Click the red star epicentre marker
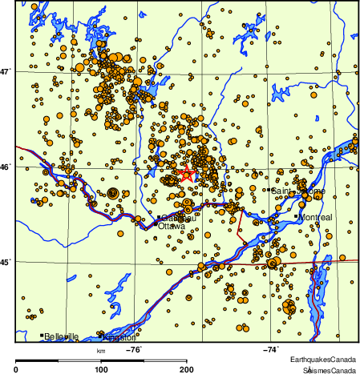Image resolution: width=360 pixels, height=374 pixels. point(187,174)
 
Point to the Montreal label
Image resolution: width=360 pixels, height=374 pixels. point(314,217)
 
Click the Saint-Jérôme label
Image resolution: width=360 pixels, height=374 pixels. point(295,191)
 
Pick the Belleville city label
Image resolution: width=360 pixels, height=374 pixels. point(62,336)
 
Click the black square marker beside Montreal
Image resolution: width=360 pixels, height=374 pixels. point(296,216)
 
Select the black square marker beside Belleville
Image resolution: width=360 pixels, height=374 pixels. point(42,336)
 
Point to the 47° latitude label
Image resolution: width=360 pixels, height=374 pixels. point(6,72)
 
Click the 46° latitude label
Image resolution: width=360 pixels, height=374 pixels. point(6,167)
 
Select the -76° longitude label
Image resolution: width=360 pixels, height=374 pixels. point(134,349)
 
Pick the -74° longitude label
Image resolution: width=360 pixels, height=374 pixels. point(271,349)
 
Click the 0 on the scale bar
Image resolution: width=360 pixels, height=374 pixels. point(17,368)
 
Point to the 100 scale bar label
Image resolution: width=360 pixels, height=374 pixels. point(102,368)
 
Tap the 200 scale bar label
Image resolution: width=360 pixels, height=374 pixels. point(186,368)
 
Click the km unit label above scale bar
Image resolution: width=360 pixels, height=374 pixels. point(102,350)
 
